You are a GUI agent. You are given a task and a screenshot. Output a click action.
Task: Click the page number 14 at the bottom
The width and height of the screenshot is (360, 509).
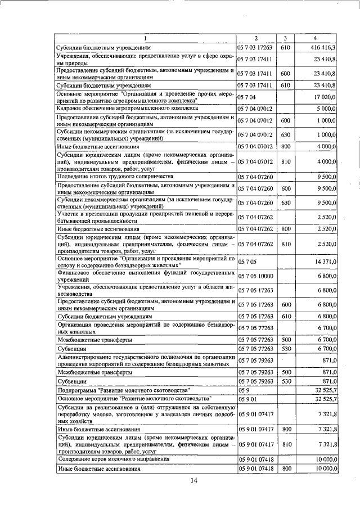point(194,480)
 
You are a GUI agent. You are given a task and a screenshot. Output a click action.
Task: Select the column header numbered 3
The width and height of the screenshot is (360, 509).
point(285,38)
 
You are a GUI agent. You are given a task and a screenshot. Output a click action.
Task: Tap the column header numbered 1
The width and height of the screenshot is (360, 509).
point(145,38)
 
